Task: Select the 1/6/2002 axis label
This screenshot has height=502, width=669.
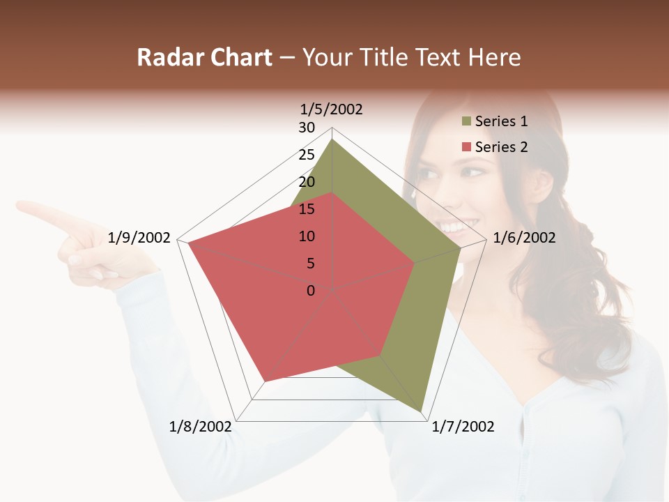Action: [524, 238]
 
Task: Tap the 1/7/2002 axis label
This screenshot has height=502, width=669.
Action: [463, 427]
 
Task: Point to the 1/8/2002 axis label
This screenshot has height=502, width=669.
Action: [201, 427]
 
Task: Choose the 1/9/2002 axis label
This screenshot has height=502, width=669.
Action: [139, 238]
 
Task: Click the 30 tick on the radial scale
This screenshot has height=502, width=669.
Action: [307, 128]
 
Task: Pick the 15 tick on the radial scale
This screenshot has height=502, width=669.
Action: [307, 209]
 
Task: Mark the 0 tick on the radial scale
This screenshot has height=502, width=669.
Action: [311, 291]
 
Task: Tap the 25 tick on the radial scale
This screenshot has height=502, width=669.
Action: [307, 155]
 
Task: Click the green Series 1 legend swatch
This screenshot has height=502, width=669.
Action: [466, 122]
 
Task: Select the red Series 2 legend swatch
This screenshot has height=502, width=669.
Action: [466, 147]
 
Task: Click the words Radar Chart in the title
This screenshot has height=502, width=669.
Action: [204, 58]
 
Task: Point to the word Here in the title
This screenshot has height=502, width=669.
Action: [495, 58]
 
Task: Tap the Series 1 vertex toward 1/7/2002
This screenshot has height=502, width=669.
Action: [422, 411]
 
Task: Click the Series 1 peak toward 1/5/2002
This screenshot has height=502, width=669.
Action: [332, 139]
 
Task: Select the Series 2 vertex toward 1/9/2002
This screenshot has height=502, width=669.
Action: [187, 242]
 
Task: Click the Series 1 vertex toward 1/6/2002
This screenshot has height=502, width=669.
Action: [461, 248]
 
